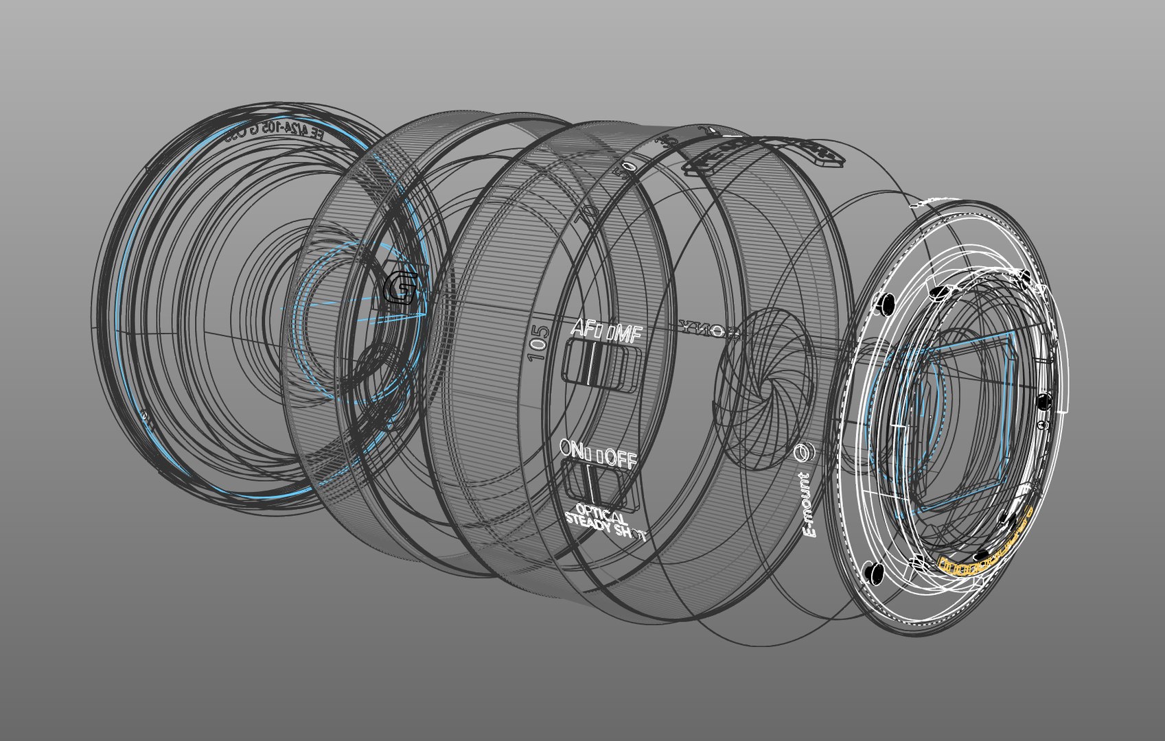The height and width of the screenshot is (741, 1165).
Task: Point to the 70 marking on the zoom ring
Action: tap(587, 215)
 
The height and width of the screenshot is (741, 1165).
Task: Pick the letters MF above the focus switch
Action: tap(626, 336)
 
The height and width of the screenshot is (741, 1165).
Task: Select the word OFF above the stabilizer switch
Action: tap(621, 459)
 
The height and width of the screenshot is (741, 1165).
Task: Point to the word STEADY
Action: tap(587, 525)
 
